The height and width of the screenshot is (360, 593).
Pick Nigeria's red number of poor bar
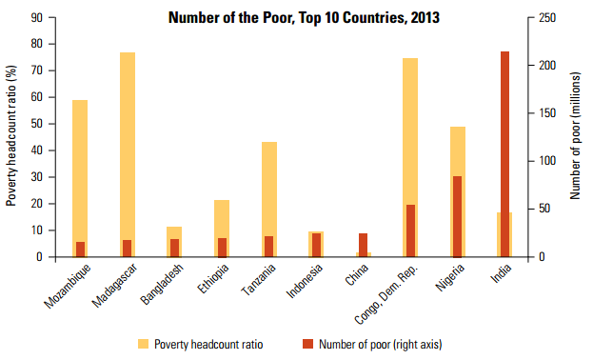point(457,216)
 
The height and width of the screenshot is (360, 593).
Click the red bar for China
point(364,245)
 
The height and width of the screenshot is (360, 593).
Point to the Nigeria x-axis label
point(445,276)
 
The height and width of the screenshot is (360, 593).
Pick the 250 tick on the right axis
point(544,17)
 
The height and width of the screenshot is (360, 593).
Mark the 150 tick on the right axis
point(544,113)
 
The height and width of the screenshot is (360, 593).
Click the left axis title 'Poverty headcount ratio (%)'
point(11,135)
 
